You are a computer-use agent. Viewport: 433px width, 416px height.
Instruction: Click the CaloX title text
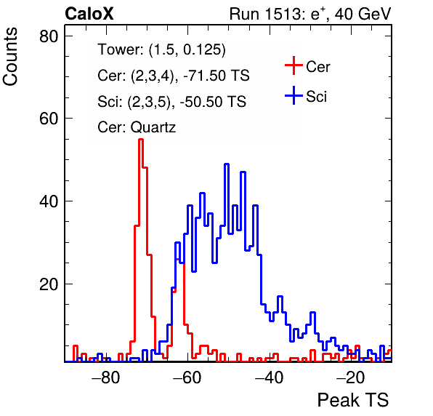pyautogui.click(x=89, y=14)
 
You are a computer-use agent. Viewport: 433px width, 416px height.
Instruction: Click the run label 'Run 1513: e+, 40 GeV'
pyautogui.click(x=310, y=14)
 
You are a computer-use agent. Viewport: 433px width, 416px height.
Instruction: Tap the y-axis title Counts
pyautogui.click(x=10, y=57)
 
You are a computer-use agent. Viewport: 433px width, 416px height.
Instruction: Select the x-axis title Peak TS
pyautogui.click(x=353, y=400)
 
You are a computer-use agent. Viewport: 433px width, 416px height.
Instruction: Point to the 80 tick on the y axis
pyautogui.click(x=49, y=36)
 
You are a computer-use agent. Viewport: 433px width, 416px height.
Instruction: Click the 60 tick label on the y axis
pyautogui.click(x=49, y=119)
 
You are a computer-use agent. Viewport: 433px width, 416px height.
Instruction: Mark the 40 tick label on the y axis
pyautogui.click(x=49, y=201)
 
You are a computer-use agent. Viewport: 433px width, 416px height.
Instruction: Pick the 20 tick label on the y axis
pyautogui.click(x=49, y=284)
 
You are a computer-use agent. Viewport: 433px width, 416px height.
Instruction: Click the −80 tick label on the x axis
pyautogui.click(x=106, y=377)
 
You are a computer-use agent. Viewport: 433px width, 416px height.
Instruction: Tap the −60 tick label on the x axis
pyautogui.click(x=187, y=377)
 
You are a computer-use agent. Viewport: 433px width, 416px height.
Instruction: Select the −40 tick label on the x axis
pyautogui.click(x=269, y=377)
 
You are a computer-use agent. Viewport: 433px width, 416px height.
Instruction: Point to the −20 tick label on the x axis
pyautogui.click(x=351, y=377)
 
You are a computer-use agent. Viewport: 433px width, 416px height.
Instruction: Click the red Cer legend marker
pyautogui.click(x=294, y=65)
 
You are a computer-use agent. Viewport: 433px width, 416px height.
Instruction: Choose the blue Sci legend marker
pyautogui.click(x=294, y=96)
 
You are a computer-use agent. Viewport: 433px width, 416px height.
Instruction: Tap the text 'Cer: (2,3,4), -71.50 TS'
pyautogui.click(x=174, y=76)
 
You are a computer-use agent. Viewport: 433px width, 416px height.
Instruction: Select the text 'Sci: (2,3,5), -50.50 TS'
pyautogui.click(x=171, y=101)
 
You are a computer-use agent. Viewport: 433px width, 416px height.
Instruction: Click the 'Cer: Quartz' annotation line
pyautogui.click(x=137, y=127)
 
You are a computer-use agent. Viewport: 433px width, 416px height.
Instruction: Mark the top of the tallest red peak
pyautogui.click(x=141, y=140)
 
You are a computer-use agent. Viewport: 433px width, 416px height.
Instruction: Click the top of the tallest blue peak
pyautogui.click(x=227, y=164)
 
